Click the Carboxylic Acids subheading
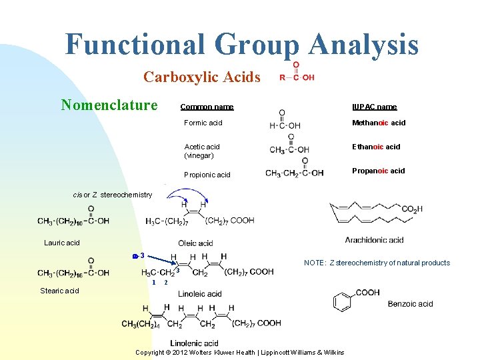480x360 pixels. click(x=201, y=77)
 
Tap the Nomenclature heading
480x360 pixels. click(x=109, y=105)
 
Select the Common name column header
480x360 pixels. click(x=207, y=107)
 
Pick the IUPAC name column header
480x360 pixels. click(x=375, y=107)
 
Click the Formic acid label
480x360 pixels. click(x=203, y=123)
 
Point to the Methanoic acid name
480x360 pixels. click(x=379, y=123)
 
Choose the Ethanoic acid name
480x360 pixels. click(x=377, y=147)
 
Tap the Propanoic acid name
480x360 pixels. click(x=379, y=171)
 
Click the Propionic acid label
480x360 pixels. click(x=207, y=175)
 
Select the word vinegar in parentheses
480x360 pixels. click(x=199, y=155)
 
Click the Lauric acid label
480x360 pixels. click(x=62, y=243)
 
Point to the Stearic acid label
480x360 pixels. click(x=59, y=291)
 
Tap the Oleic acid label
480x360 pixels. click(x=195, y=243)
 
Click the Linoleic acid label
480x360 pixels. click(x=200, y=293)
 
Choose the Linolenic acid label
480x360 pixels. click(x=194, y=343)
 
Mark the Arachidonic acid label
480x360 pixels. click(x=374, y=240)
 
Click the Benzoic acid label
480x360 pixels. click(x=411, y=304)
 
